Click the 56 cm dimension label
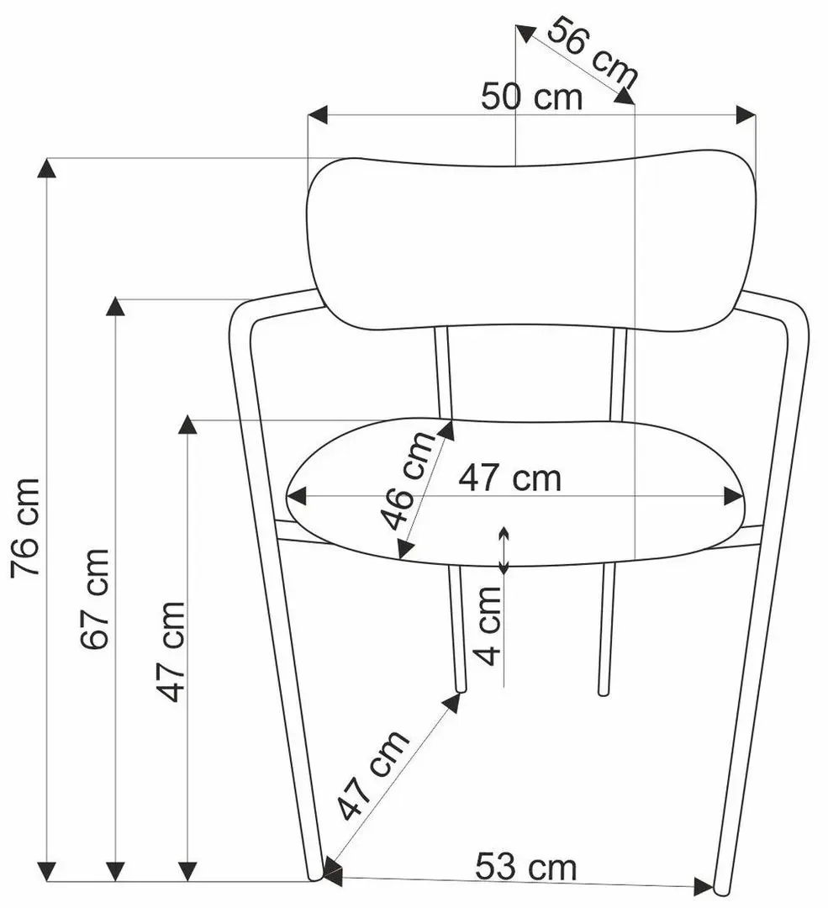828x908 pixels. [592, 50]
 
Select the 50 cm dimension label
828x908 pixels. [531, 97]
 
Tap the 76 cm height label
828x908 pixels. [25, 527]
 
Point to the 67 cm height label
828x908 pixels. [94, 599]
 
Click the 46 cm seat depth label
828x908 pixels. [407, 481]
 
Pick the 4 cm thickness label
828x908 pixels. [488, 626]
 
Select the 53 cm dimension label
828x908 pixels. [525, 867]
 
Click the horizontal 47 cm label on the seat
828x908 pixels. [510, 478]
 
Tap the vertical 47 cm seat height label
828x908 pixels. [171, 652]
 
